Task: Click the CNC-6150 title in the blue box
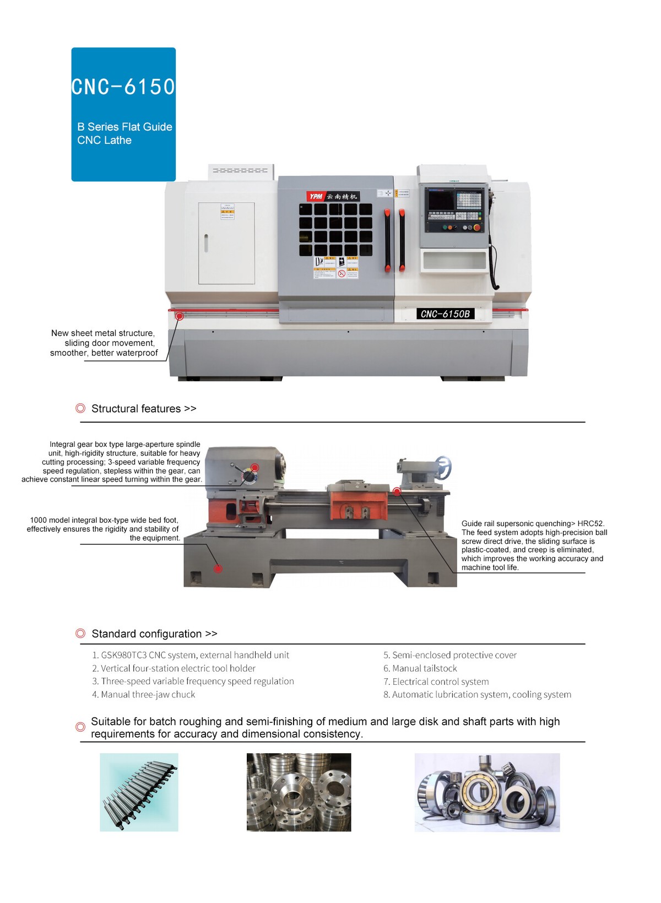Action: pyautogui.click(x=123, y=86)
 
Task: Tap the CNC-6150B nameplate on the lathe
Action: pyautogui.click(x=445, y=314)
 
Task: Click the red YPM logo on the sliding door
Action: pyautogui.click(x=316, y=196)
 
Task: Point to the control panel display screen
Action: pyautogui.click(x=441, y=200)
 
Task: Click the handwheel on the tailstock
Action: pyautogui.click(x=443, y=468)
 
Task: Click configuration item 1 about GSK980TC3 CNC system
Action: pyautogui.click(x=191, y=655)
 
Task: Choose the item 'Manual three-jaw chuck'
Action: pyautogui.click(x=144, y=695)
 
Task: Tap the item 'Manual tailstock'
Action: pyautogui.click(x=420, y=668)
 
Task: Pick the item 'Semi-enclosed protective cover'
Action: pyautogui.click(x=450, y=655)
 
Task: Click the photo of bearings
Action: pyautogui.click(x=487, y=792)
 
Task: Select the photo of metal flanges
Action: pyautogui.click(x=299, y=792)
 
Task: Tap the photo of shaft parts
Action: pyautogui.click(x=139, y=792)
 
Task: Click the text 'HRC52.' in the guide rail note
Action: pyautogui.click(x=590, y=523)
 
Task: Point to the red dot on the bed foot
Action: pyautogui.click(x=218, y=568)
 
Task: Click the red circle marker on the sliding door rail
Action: pyautogui.click(x=180, y=316)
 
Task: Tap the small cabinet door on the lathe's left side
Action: pyautogui.click(x=226, y=243)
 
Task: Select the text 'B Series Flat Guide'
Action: pyautogui.click(x=124, y=127)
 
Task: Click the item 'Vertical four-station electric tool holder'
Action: pyautogui.click(x=174, y=668)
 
